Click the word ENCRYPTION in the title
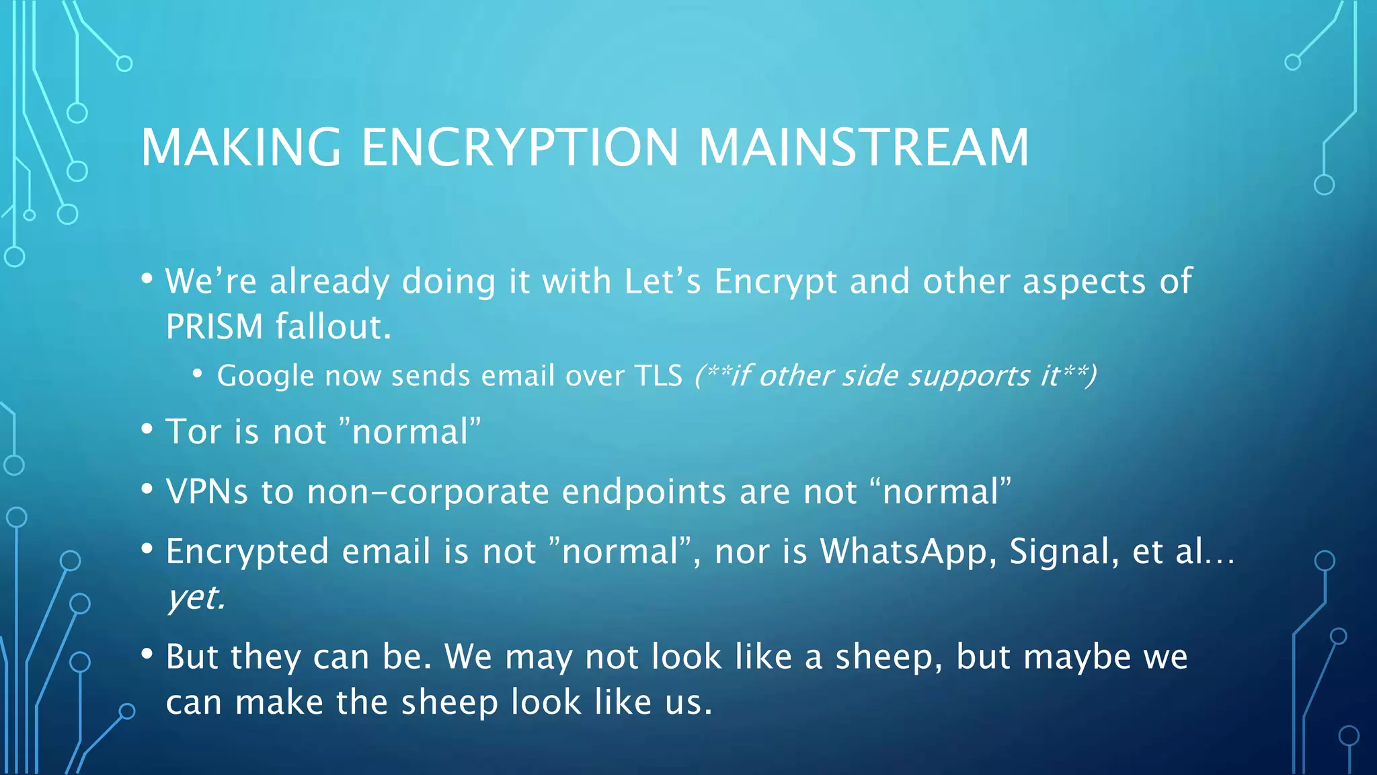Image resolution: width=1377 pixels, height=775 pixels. pos(520,147)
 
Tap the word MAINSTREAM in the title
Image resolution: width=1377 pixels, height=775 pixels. pos(863,147)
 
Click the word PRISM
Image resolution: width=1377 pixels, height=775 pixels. pos(214,327)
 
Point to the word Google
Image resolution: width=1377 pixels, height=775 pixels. pos(265,375)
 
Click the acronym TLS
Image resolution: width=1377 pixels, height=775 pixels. pos(658,375)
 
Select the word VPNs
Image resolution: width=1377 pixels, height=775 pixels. pos(207,492)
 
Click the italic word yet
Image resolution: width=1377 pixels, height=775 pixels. pos(196,597)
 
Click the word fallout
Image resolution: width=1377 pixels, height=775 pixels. pos(333,327)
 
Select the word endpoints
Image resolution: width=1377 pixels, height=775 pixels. pos(643,492)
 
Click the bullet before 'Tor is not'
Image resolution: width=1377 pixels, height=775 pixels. pos(147,428)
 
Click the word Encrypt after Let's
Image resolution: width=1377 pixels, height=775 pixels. pos(775,283)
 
